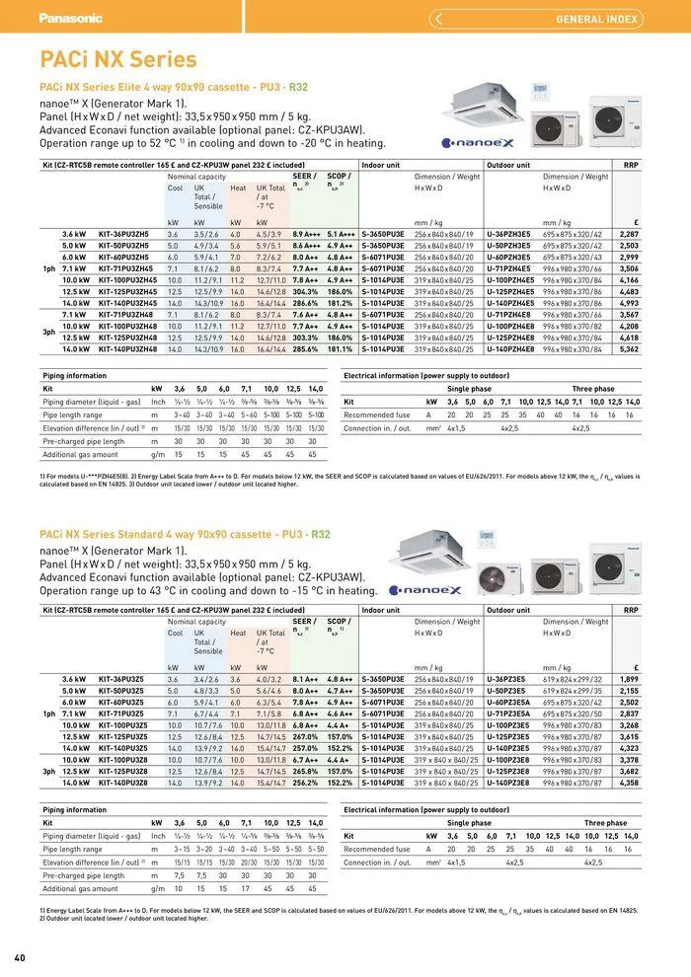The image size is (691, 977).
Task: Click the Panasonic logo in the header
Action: (x=70, y=18)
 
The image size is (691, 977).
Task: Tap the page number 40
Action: (x=20, y=958)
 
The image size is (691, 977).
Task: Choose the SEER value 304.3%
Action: (x=305, y=291)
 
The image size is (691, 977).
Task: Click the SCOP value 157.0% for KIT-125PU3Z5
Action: (x=340, y=736)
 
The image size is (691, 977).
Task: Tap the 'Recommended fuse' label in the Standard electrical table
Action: (x=376, y=849)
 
